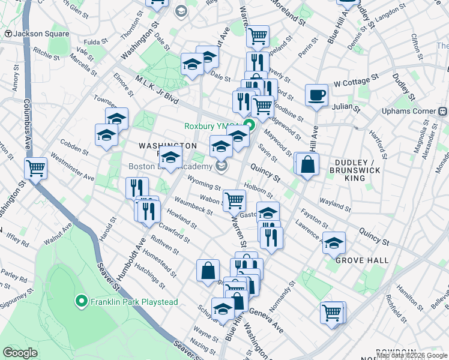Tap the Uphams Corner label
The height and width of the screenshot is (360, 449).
(408, 112)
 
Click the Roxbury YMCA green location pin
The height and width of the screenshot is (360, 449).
(250, 126)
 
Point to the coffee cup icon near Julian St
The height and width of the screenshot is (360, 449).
(316, 94)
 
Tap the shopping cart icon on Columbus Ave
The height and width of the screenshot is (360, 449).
(36, 168)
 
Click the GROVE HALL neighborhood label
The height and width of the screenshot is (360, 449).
(361, 260)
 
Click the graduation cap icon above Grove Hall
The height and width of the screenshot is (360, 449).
(334, 242)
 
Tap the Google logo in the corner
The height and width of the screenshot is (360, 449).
(21, 353)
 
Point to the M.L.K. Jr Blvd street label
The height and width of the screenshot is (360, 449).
(157, 91)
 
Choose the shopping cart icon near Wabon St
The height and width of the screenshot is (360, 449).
(234, 199)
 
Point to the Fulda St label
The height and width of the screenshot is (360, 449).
(95, 43)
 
